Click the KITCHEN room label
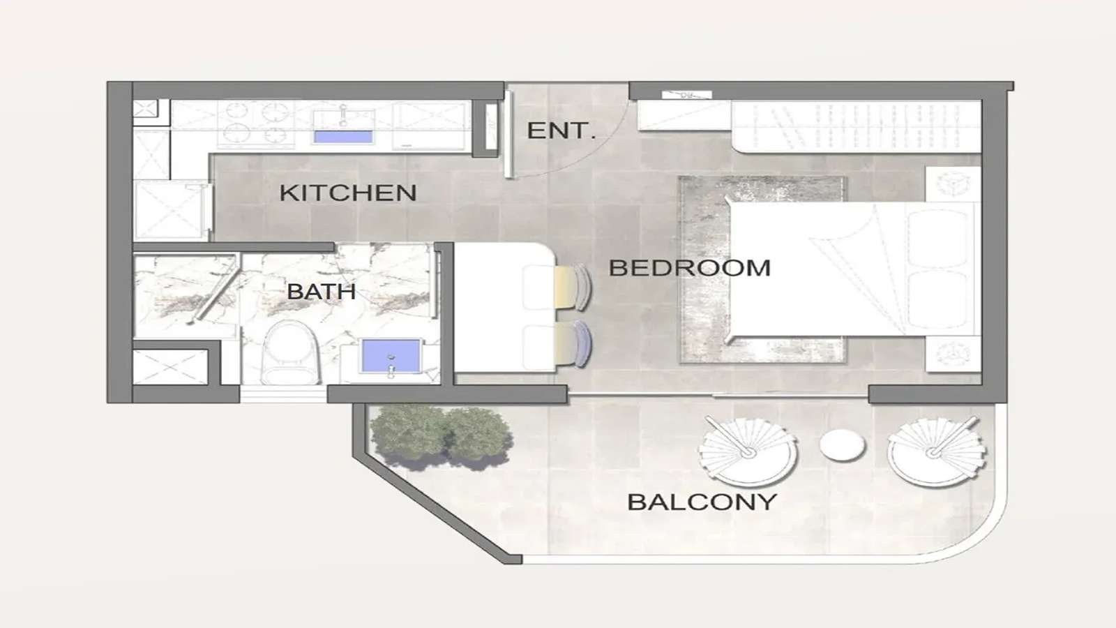[x=347, y=193]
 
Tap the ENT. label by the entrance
[x=561, y=130]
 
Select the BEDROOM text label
[x=689, y=268]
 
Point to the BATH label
[x=321, y=291]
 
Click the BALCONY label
[x=702, y=502]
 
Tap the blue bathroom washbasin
[x=391, y=356]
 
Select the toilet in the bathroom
[x=291, y=352]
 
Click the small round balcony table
[x=842, y=445]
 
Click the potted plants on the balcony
[x=441, y=436]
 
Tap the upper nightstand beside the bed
[x=952, y=184]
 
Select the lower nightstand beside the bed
[x=952, y=353]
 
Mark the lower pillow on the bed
[x=937, y=301]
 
